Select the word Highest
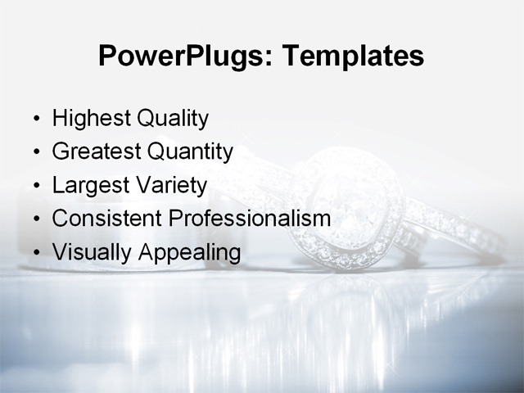pyautogui.click(x=91, y=119)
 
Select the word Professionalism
pyautogui.click(x=250, y=219)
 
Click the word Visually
pyautogui.click(x=92, y=253)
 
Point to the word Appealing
pyautogui.click(x=189, y=253)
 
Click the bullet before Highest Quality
pyautogui.click(x=35, y=120)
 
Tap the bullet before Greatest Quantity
pyautogui.click(x=35, y=153)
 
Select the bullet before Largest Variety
pyautogui.click(x=35, y=187)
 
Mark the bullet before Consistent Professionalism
pyautogui.click(x=35, y=220)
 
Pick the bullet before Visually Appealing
pyautogui.click(x=35, y=254)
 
